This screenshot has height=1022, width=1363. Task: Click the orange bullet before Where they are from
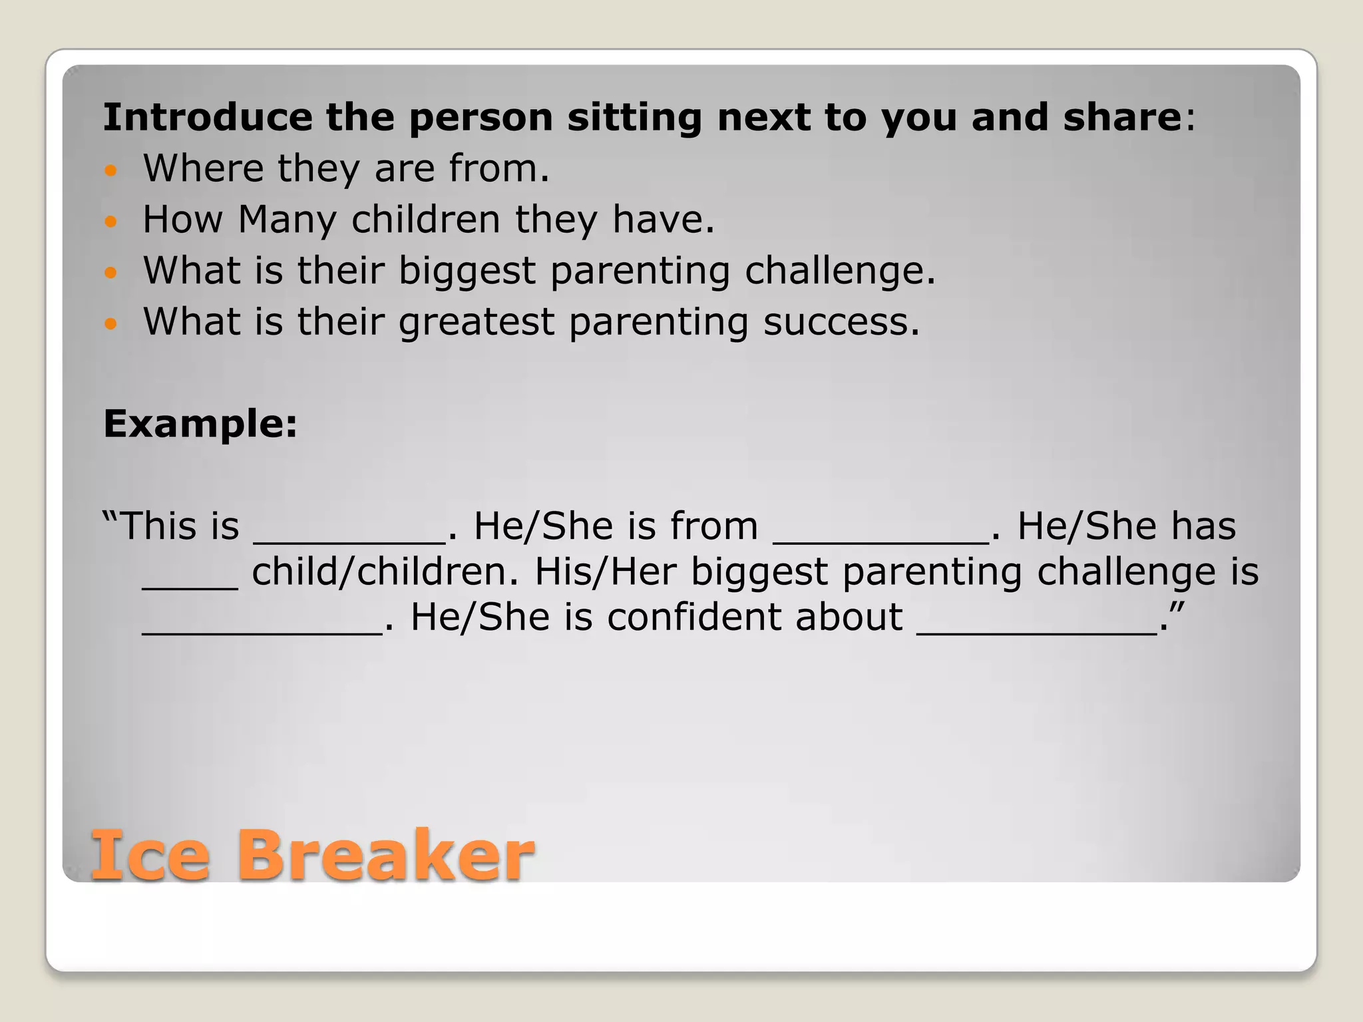(x=111, y=170)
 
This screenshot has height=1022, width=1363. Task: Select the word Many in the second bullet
(x=288, y=220)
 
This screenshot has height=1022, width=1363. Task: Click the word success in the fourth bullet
(x=841, y=322)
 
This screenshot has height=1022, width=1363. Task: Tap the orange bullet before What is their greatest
(x=111, y=324)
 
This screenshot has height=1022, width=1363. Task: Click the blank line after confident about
(x=1037, y=632)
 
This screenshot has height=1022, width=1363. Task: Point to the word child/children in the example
(x=385, y=572)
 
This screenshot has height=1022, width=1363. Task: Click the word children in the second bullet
(x=425, y=220)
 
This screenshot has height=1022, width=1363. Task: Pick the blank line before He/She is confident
(x=262, y=632)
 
